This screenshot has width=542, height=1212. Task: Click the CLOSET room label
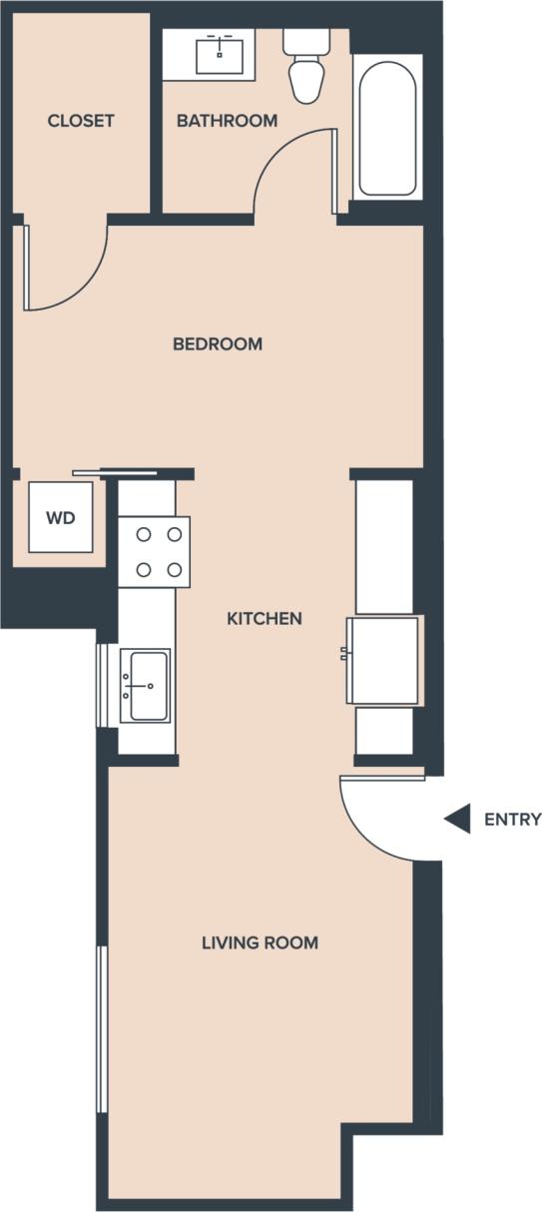(x=81, y=121)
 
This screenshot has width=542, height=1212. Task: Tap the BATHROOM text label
(x=227, y=121)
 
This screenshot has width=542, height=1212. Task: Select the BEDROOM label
(x=218, y=344)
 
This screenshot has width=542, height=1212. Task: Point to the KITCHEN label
(x=265, y=619)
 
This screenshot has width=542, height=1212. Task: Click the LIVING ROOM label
(x=260, y=942)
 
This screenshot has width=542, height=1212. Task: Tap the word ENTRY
(x=512, y=820)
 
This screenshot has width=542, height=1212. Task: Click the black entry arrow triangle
(x=459, y=820)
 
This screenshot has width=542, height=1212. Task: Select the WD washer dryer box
(x=61, y=517)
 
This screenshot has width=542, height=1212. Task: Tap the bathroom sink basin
(x=220, y=54)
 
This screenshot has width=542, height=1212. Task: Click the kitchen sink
(x=146, y=685)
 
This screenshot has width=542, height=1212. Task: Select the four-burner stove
(x=155, y=551)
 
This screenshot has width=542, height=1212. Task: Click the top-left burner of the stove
(x=143, y=534)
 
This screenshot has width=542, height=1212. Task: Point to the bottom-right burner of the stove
(x=175, y=569)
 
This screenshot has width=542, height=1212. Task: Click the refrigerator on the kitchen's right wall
(x=383, y=660)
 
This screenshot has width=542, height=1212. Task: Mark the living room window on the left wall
(x=101, y=1028)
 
